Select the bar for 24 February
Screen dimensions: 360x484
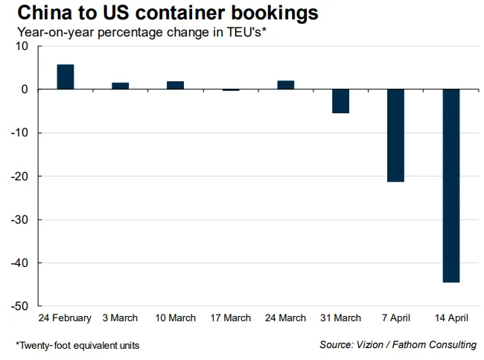tap(66, 77)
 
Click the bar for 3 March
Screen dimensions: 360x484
tap(121, 86)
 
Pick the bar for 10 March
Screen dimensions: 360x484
tap(176, 85)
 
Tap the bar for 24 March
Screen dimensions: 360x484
tap(286, 85)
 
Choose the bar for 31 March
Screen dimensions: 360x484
tap(341, 101)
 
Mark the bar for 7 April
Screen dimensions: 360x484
tap(396, 135)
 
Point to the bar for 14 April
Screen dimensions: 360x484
tap(451, 186)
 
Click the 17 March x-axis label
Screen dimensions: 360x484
tap(231, 318)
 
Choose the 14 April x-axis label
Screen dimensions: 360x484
tap(451, 318)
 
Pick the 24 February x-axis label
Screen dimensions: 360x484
tap(66, 318)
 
